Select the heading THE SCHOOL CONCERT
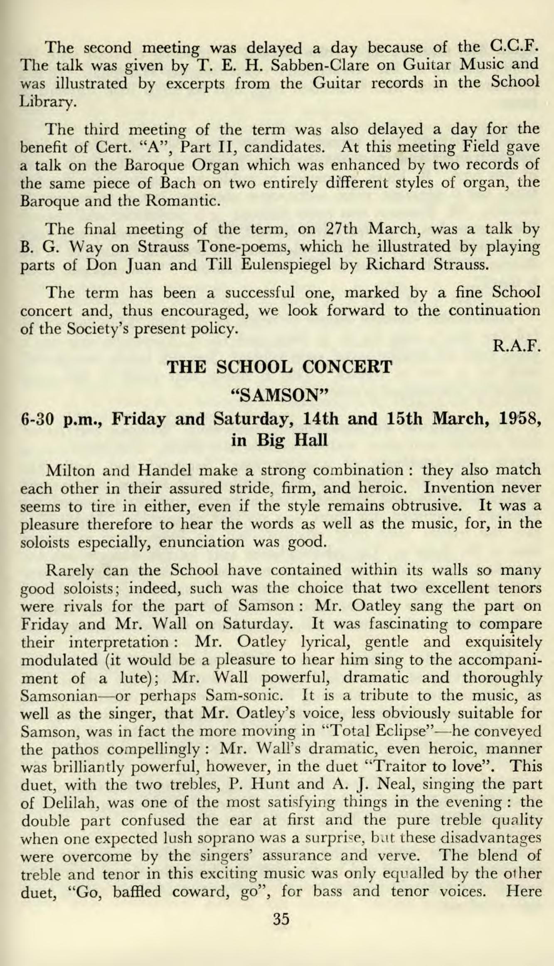point(279,367)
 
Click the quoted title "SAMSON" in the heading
point(280,393)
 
